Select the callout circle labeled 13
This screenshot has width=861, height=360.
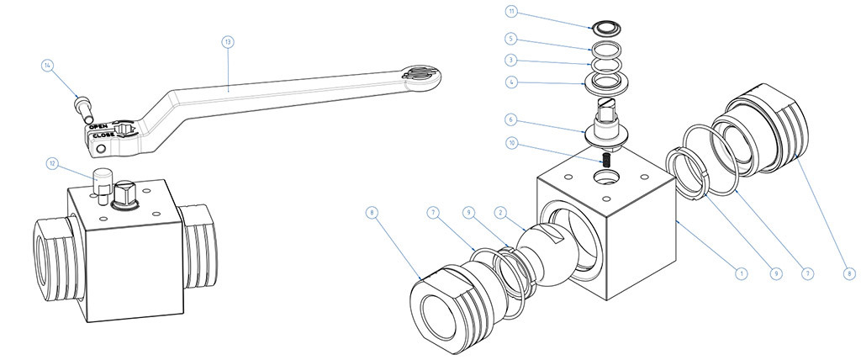[227, 40]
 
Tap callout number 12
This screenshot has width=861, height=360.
[52, 163]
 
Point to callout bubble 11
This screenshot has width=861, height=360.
[510, 12]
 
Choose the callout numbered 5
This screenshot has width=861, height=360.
[510, 39]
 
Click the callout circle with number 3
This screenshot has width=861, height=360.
[510, 61]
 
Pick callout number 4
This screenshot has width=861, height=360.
[510, 82]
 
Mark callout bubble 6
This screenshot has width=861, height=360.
[510, 119]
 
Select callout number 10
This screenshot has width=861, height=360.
[510, 142]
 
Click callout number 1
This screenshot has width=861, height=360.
[741, 273]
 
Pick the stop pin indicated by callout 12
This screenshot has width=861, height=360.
[103, 186]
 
